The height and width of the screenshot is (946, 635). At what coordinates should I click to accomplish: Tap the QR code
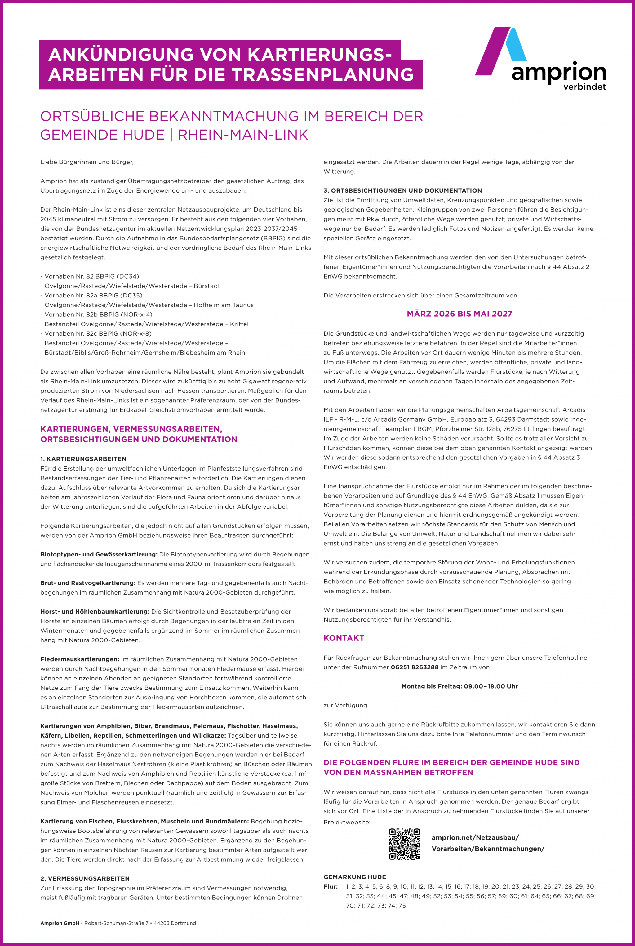[x=404, y=844]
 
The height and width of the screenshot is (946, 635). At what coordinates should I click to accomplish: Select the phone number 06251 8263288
[x=414, y=667]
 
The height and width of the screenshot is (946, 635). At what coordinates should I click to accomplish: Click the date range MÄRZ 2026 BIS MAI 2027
[x=459, y=314]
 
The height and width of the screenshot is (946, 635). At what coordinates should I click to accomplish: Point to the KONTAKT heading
[x=344, y=638]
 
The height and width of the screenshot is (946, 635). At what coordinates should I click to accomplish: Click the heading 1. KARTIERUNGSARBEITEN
[x=83, y=459]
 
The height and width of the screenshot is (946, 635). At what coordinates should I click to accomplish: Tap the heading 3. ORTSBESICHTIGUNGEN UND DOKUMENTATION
[x=402, y=190]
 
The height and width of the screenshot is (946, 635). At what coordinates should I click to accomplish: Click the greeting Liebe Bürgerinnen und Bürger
[x=87, y=162]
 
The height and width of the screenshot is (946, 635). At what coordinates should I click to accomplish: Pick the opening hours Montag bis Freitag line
[x=459, y=686]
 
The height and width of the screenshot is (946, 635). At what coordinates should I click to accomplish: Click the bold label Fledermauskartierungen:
[x=80, y=659]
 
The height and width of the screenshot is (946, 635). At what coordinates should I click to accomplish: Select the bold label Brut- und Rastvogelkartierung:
[x=88, y=583]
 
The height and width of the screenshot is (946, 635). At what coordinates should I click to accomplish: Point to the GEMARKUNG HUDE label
[x=355, y=877]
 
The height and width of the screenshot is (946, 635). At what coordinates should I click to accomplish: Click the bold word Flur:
[x=331, y=886]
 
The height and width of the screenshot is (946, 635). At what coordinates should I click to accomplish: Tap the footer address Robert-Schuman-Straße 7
[x=116, y=923]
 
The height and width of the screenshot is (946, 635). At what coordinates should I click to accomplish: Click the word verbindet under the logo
[x=584, y=87]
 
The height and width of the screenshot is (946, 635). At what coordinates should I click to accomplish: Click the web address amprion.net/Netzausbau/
[x=475, y=837]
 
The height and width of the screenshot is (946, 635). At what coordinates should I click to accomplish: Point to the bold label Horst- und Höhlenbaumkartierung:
[x=95, y=611]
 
